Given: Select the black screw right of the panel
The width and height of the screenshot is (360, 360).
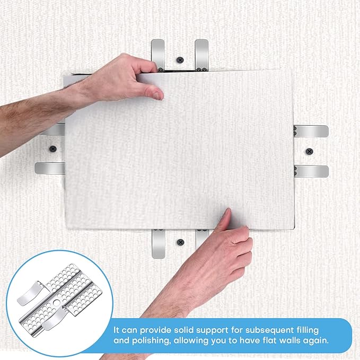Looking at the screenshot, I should [310, 152].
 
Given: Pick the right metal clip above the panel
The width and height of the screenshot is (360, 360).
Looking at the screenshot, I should [201, 53].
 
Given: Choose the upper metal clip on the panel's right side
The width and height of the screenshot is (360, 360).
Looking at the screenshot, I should [311, 131].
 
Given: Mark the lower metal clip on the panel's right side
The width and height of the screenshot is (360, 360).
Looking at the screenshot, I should [311, 171].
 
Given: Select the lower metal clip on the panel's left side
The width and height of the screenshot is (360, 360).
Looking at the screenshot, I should [50, 168].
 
